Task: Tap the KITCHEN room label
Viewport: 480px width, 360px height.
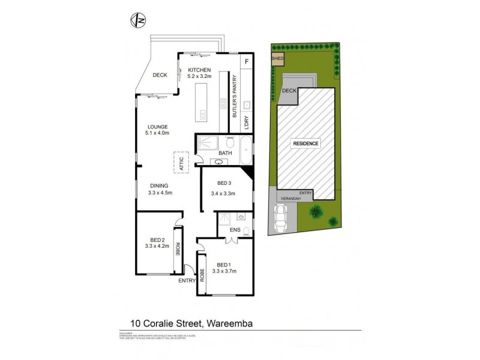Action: click(199, 70)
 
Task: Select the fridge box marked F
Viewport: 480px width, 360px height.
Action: click(246, 62)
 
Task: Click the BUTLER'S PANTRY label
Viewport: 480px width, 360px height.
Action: click(235, 95)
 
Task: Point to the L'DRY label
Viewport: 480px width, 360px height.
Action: click(246, 122)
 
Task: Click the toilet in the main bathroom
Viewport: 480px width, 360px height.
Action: click(230, 143)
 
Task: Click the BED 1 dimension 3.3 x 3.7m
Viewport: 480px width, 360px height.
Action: click(225, 271)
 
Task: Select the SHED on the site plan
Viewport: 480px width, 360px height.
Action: click(278, 59)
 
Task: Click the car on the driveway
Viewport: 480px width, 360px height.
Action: click(281, 218)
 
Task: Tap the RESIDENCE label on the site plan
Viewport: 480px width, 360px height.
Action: click(306, 143)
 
